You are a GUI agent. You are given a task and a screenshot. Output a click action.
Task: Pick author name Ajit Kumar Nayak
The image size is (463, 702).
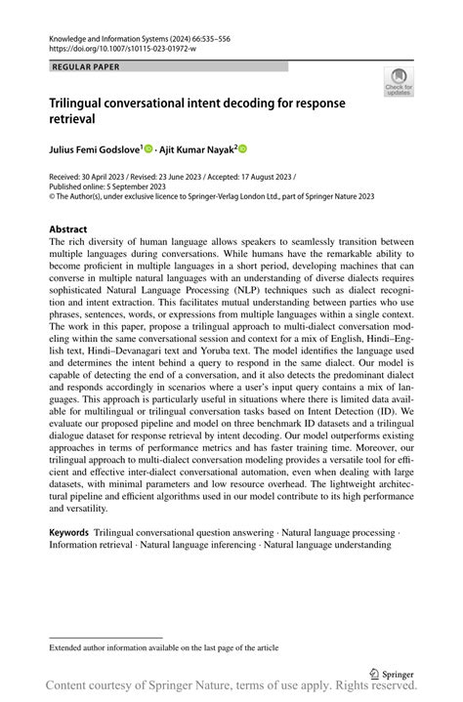[195, 149]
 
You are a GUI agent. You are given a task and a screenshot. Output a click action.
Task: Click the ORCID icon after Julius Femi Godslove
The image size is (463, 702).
[149, 149]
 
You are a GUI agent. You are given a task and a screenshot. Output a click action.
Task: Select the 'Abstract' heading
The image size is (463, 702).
[68, 230]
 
